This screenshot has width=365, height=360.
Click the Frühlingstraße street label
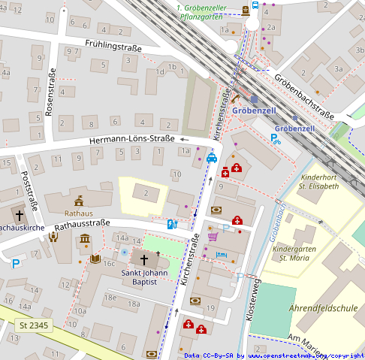tap(113, 47)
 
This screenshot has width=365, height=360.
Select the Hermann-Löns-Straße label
tap(131, 139)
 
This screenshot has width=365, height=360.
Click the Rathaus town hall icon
tap(79, 201)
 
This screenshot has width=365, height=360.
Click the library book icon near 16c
tap(94, 259)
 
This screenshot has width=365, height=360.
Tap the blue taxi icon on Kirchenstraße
tap(212, 158)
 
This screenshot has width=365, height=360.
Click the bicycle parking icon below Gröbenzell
tap(276, 138)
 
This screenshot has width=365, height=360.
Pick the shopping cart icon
tap(213, 237)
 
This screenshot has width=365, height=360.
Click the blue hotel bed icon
tap(220, 256)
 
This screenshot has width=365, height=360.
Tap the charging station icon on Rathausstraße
tap(172, 224)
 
